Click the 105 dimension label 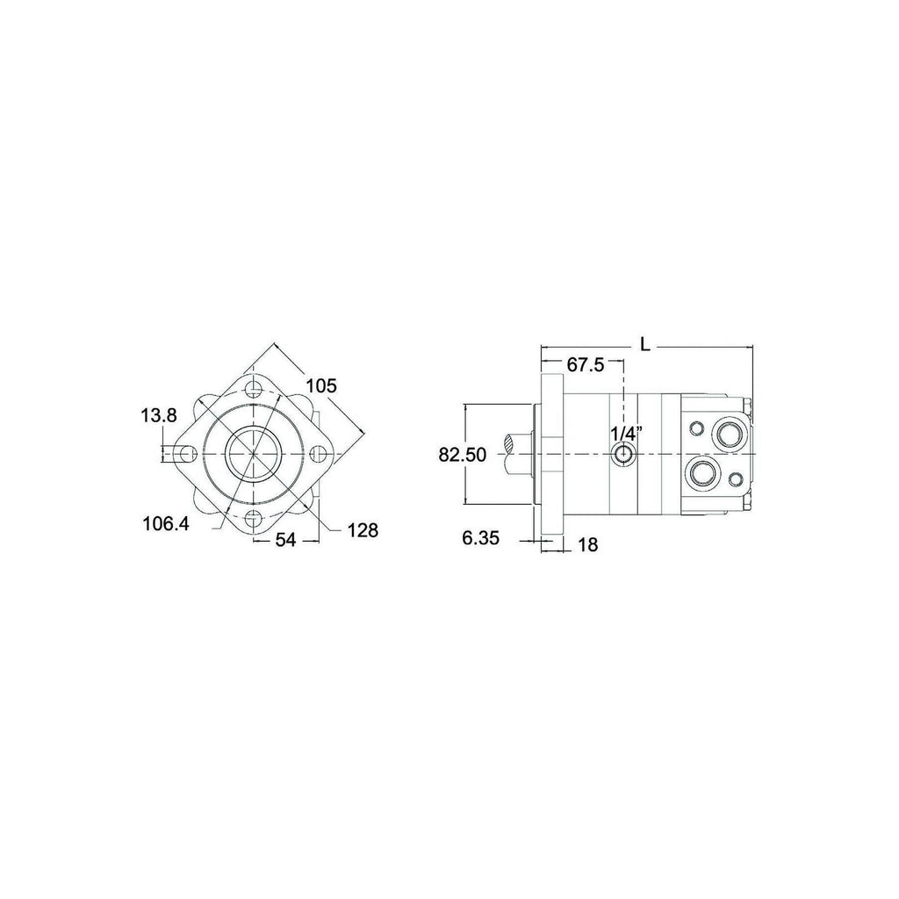pos(321,386)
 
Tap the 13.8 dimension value pos(159,415)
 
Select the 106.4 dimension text pos(166,523)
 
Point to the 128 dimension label pos(363,529)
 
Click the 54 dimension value pos(285,540)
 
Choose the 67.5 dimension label pos(586,364)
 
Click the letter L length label pos(646,345)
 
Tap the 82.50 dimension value pos(462,455)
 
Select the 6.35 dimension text pos(480,537)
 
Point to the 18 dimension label pos(588,544)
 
